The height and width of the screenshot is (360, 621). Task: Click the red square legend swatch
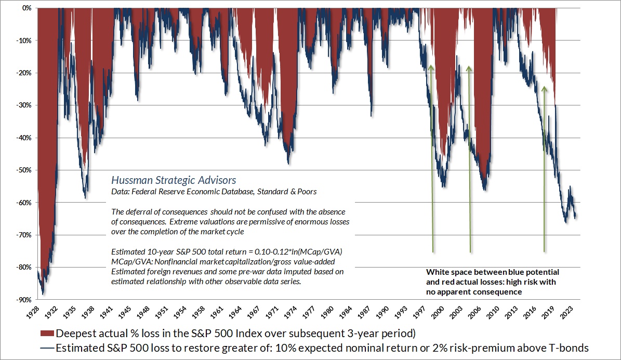click(46, 333)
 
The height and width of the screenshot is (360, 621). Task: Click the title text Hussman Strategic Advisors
click(174, 180)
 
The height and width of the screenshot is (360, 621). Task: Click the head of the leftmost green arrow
click(431, 64)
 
